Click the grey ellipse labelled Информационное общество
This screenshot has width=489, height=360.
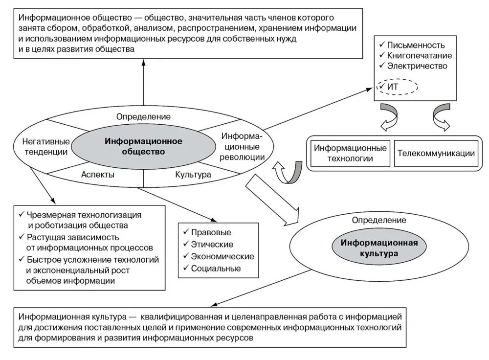(x=143, y=146)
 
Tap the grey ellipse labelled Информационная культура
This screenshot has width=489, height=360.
(x=369, y=248)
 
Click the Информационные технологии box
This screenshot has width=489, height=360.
(x=350, y=153)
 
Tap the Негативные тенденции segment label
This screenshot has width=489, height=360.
(x=44, y=146)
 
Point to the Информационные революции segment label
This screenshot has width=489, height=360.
(x=242, y=146)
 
